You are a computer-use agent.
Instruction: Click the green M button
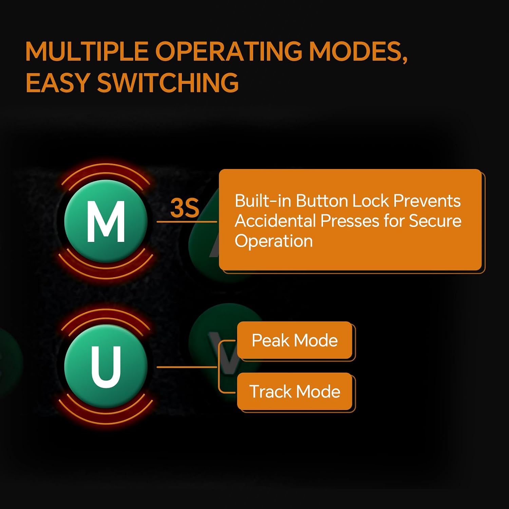[106, 221]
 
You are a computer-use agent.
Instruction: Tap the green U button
[106, 366]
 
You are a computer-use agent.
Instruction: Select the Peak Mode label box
[295, 340]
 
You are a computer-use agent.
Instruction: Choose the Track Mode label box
[295, 392]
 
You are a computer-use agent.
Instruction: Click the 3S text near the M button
[185, 208]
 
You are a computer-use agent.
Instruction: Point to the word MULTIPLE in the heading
[87, 52]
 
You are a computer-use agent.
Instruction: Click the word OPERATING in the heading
[228, 52]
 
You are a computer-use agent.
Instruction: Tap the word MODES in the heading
[358, 52]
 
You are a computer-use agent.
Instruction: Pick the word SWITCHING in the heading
[168, 83]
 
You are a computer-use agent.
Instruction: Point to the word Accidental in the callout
[275, 221]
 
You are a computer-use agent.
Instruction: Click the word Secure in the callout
[435, 221]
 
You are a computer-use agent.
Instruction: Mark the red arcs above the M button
[106, 176]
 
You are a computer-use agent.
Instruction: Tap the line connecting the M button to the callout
[187, 222]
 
